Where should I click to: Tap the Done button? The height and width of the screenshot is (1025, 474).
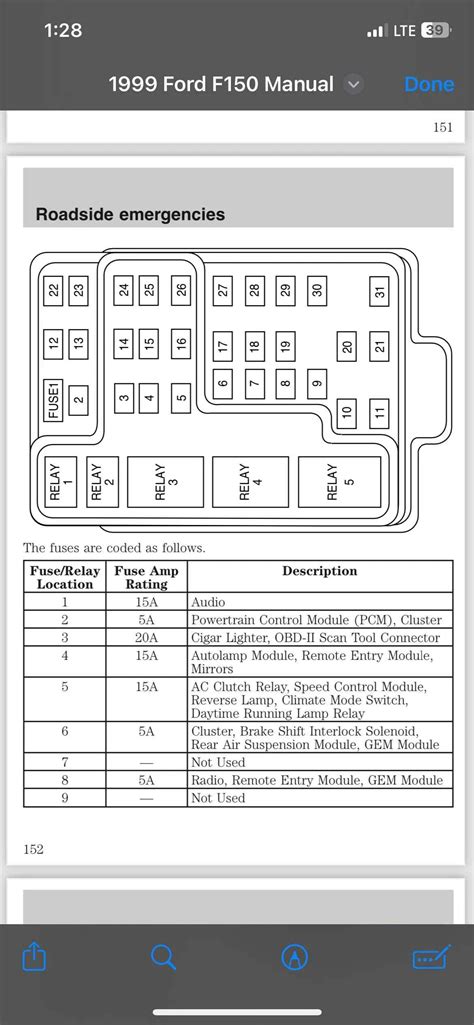pos(428,85)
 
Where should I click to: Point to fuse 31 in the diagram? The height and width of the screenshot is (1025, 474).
pos(379,291)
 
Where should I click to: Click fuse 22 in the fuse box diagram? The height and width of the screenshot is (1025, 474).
pos(54,291)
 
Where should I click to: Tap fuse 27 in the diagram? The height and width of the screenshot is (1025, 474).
pos(223,291)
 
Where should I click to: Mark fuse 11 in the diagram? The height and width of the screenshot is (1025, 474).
pos(379,411)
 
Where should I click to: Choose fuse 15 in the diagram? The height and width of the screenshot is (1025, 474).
pos(150,343)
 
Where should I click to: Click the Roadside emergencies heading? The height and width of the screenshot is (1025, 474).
pos(130,214)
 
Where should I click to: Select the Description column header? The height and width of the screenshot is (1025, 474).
pos(319,571)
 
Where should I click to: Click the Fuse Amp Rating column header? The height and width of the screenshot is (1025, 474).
pos(147,577)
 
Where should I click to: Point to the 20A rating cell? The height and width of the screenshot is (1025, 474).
pos(147,638)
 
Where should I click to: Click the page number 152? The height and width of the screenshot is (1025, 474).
pos(34,849)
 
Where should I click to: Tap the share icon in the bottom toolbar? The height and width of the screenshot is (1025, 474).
pos(35,957)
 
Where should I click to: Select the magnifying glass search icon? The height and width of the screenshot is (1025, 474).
pos(163,957)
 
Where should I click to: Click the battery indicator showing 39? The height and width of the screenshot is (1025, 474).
pos(435,31)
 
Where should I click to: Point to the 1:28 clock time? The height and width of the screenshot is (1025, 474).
pos(62,31)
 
